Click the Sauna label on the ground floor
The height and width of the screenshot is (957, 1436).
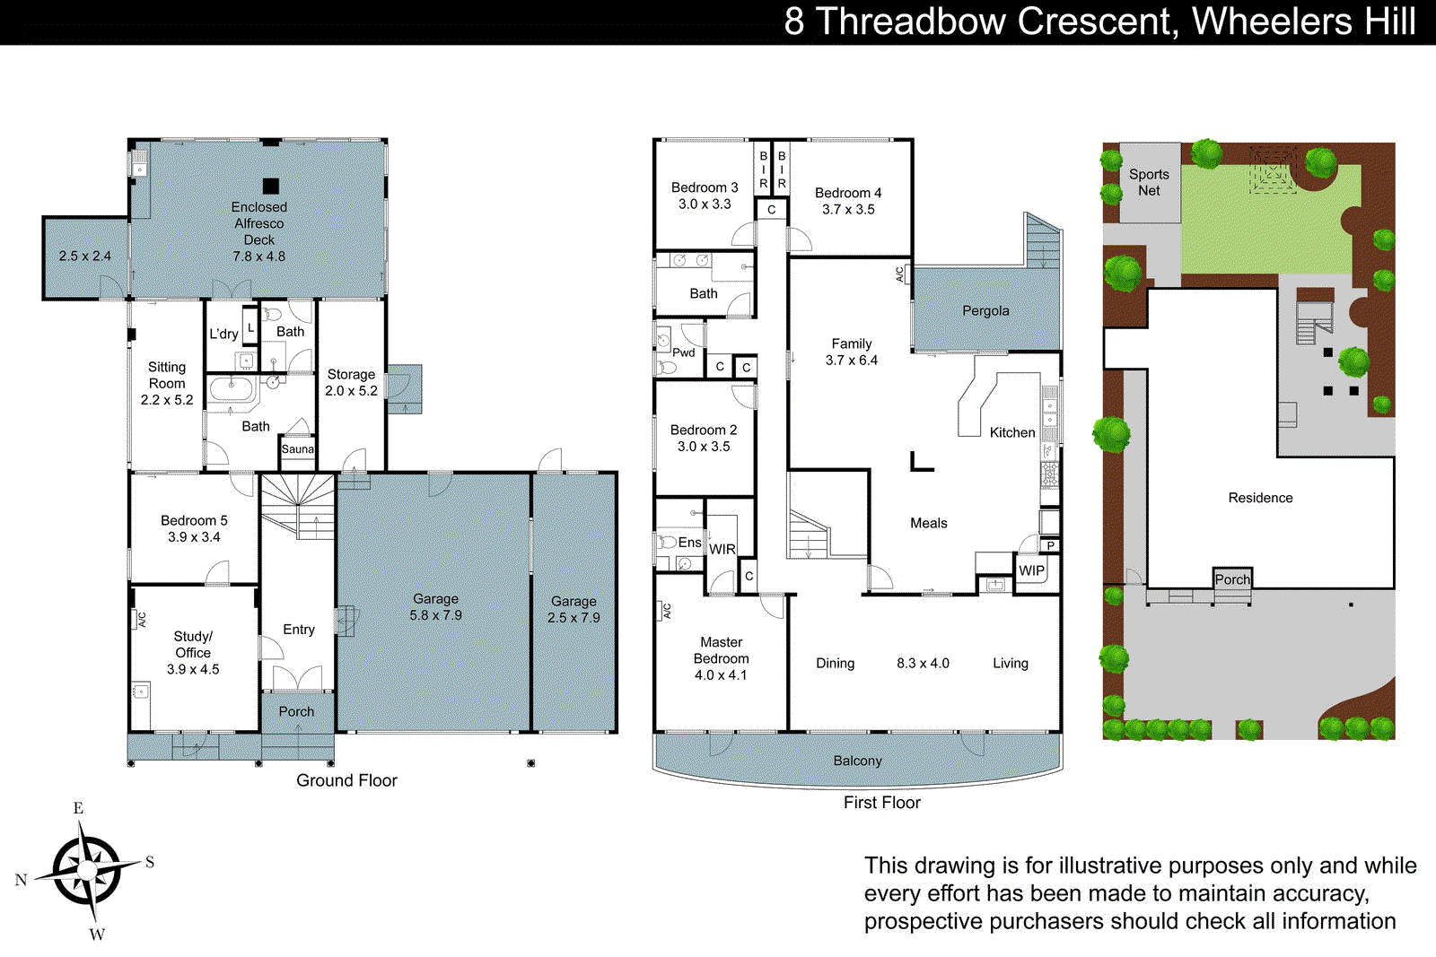pyautogui.click(x=298, y=449)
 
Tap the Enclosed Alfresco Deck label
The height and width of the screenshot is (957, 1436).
pyautogui.click(x=259, y=223)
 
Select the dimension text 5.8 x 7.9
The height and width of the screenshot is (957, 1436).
pyautogui.click(x=435, y=615)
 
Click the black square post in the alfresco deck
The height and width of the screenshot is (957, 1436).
pyautogui.click(x=270, y=186)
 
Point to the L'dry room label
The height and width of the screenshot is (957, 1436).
pyautogui.click(x=223, y=334)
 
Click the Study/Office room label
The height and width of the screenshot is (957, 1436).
pyautogui.click(x=193, y=645)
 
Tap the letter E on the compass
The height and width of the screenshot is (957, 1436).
pyautogui.click(x=78, y=808)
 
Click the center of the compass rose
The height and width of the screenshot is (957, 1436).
pyautogui.click(x=87, y=869)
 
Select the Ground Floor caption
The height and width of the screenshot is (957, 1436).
pyautogui.click(x=346, y=780)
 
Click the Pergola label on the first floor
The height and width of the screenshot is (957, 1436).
pyautogui.click(x=985, y=311)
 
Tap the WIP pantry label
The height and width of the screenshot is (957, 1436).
pyautogui.click(x=1031, y=570)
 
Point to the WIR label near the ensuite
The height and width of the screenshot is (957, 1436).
pyautogui.click(x=722, y=549)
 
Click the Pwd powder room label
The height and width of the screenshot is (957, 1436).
pyautogui.click(x=684, y=352)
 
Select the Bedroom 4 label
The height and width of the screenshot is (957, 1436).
pyautogui.click(x=848, y=193)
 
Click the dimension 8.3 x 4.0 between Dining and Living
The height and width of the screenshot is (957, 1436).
pyautogui.click(x=923, y=664)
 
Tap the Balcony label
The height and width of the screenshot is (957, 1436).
pyautogui.click(x=857, y=761)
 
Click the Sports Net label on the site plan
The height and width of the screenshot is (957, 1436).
pyautogui.click(x=1149, y=182)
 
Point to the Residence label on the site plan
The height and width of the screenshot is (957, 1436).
pyautogui.click(x=1260, y=498)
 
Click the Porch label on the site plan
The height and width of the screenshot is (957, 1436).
pyautogui.click(x=1231, y=579)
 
